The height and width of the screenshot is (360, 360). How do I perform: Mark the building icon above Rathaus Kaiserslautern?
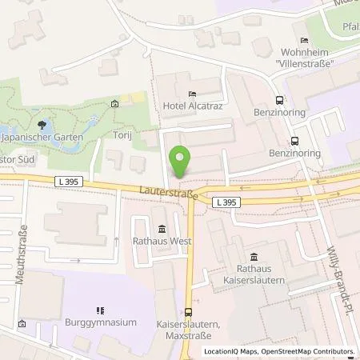point(254,257)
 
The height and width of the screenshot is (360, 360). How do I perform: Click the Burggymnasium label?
point(102,322)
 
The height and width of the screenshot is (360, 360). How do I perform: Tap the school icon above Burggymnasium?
point(101,310)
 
